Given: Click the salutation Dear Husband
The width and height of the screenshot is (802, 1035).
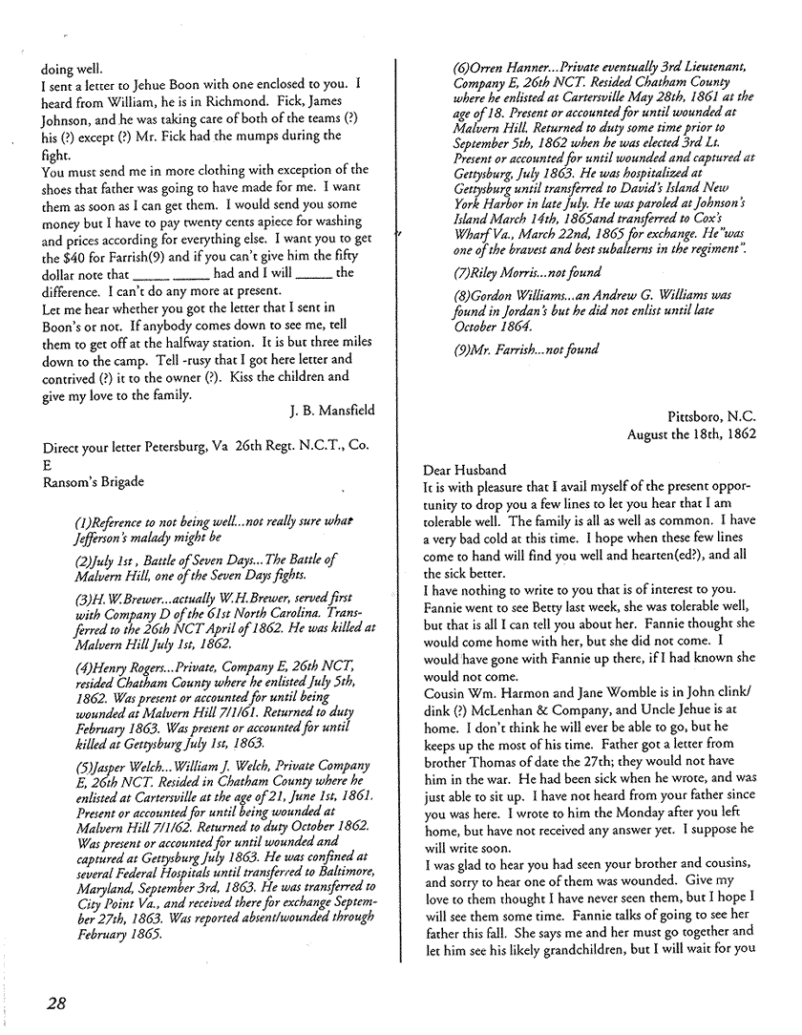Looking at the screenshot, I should [468, 470].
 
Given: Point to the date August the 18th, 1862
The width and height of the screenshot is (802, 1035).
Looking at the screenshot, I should [692, 433].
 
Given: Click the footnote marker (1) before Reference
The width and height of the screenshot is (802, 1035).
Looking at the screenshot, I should [84, 522].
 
